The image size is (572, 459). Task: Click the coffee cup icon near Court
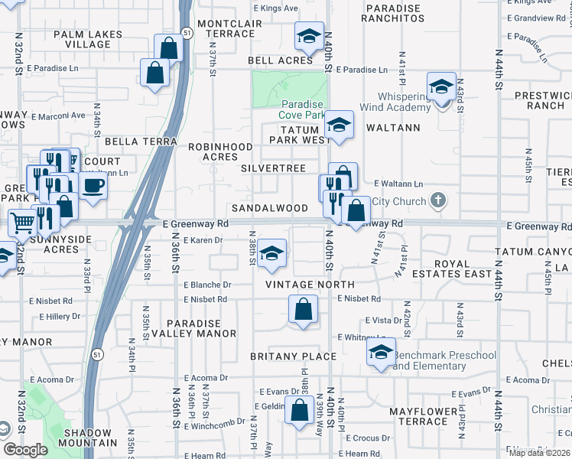click(x=93, y=186)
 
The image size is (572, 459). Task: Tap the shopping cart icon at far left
click(x=23, y=223)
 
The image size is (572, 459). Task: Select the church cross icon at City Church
click(x=437, y=200)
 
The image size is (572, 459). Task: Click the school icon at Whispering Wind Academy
click(x=442, y=87)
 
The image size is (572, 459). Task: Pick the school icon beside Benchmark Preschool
click(x=381, y=353)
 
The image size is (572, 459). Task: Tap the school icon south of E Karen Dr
click(x=271, y=254)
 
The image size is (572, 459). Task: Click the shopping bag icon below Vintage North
click(x=304, y=310)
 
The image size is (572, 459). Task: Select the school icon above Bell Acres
click(x=309, y=36)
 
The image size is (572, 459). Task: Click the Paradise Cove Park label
click(x=302, y=109)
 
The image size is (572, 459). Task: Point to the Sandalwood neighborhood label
click(x=270, y=208)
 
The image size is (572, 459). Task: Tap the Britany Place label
click(x=293, y=356)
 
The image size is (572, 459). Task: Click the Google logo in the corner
click(x=24, y=450)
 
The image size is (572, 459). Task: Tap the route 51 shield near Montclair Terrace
click(x=187, y=34)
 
